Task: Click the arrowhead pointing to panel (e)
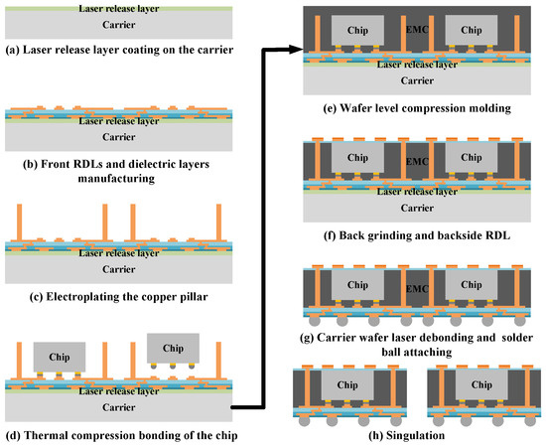click(296, 48)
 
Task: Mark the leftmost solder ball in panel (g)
click(316, 325)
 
